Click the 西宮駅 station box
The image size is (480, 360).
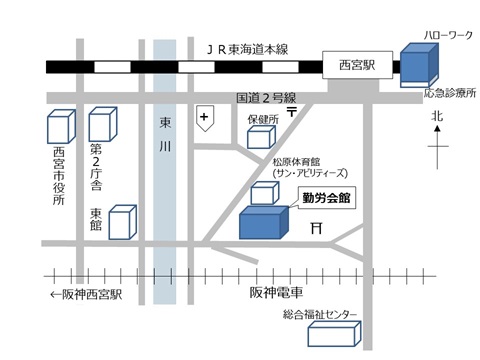(354, 67)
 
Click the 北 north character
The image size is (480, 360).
(436, 118)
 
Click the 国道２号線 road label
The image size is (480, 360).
(264, 97)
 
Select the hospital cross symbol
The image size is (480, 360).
(205, 118)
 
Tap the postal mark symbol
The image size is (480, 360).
(291, 113)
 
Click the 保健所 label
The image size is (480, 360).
(262, 119)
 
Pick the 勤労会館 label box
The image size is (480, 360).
(328, 198)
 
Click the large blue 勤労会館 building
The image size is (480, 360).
(263, 222)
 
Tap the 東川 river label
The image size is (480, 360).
(166, 144)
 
